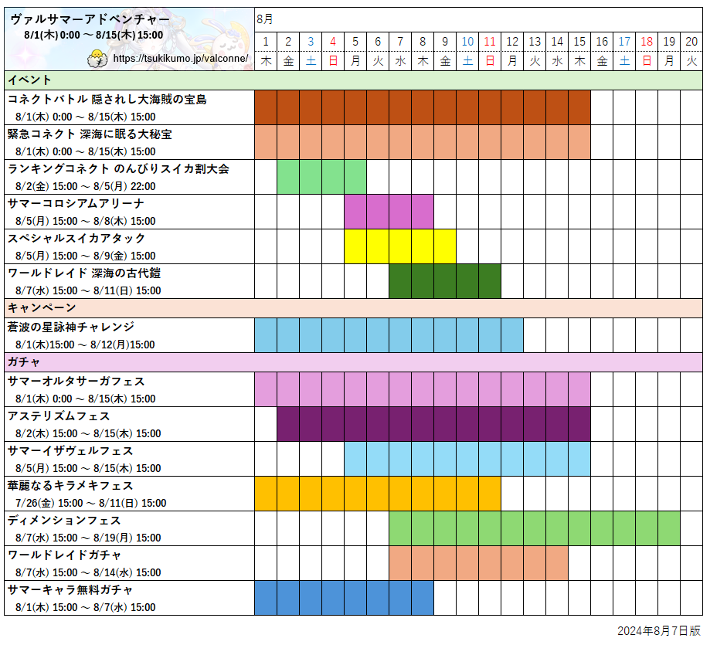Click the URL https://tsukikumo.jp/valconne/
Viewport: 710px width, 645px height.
click(x=180, y=59)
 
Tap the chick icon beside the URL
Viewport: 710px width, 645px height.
click(x=97, y=58)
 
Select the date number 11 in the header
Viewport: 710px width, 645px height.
click(x=490, y=42)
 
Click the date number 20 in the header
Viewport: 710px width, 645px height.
click(x=691, y=42)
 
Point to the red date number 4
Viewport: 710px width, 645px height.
click(x=333, y=42)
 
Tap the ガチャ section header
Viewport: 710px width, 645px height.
click(x=24, y=362)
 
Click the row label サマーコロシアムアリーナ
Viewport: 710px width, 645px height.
click(x=76, y=203)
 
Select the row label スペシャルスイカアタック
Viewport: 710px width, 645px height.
click(x=76, y=238)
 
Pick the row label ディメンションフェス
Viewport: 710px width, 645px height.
click(x=65, y=520)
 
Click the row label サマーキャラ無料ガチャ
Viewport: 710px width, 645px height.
click(x=70, y=589)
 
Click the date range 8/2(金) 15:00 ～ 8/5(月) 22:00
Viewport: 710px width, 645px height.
click(x=85, y=186)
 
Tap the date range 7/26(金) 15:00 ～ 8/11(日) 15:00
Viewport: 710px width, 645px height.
click(x=90, y=503)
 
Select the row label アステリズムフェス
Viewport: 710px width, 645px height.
click(x=59, y=416)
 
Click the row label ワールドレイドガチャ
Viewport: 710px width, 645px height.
click(x=65, y=555)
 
